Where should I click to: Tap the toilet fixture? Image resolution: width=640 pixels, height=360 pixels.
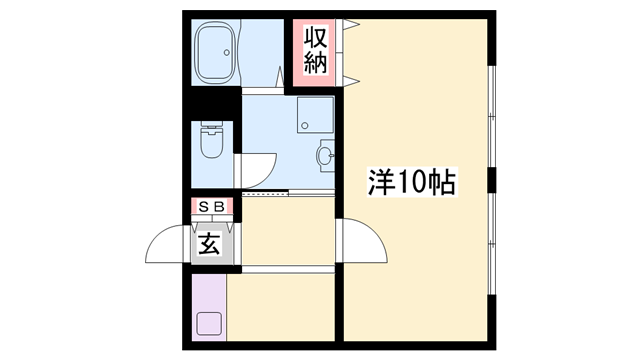click(x=212, y=139)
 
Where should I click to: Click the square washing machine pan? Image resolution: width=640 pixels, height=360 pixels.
click(x=315, y=115)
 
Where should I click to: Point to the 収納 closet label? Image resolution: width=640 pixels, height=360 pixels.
click(x=316, y=51)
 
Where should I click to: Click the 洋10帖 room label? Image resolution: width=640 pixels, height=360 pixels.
click(x=412, y=182)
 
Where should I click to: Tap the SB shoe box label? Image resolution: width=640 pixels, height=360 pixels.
click(x=212, y=207)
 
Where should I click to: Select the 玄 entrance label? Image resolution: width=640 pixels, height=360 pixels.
click(x=210, y=244)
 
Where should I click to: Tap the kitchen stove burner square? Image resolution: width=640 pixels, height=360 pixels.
click(x=209, y=324)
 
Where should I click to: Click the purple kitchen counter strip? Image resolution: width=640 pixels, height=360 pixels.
click(x=209, y=307)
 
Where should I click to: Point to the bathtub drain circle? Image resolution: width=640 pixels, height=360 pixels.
click(x=227, y=52)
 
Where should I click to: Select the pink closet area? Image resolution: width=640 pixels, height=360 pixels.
click(x=314, y=53)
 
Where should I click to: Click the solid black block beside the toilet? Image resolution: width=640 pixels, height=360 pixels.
click(x=212, y=103)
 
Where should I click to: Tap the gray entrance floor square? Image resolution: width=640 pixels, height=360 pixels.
click(x=212, y=244)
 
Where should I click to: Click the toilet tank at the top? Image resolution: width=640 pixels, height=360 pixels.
click(x=212, y=126)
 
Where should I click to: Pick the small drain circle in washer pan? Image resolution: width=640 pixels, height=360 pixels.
click(x=303, y=126)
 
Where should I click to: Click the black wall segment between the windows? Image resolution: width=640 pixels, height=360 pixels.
click(x=492, y=180)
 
